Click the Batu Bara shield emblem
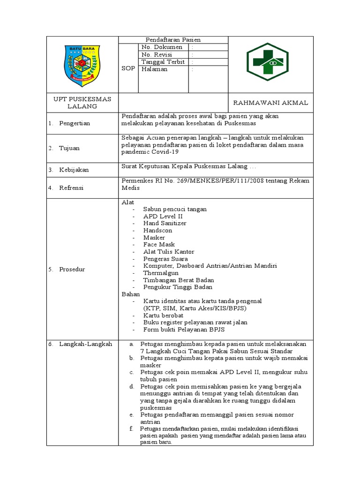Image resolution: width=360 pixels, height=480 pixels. [x=82, y=64]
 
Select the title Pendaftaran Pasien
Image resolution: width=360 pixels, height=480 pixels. [x=173, y=40]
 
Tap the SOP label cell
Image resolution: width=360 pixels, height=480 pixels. [x=128, y=68]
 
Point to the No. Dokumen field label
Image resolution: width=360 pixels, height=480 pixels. [x=162, y=47]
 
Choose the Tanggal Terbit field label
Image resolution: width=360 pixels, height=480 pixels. [x=163, y=62]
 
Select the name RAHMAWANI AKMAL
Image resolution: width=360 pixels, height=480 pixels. [x=270, y=103]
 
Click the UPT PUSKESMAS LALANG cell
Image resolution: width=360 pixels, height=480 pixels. [x=82, y=103]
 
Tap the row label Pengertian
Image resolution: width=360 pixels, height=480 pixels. [x=74, y=123]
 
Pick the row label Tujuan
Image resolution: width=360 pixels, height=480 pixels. [x=69, y=148]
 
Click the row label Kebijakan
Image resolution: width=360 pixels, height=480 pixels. [x=74, y=170]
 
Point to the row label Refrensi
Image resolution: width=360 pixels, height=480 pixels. [x=71, y=187]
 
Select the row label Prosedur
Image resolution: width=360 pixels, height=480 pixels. [x=72, y=270]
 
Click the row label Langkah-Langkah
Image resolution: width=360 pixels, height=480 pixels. [x=85, y=344]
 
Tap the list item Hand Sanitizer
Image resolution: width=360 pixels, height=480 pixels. [x=165, y=223]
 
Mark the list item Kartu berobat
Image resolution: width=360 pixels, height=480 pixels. [x=163, y=315]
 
